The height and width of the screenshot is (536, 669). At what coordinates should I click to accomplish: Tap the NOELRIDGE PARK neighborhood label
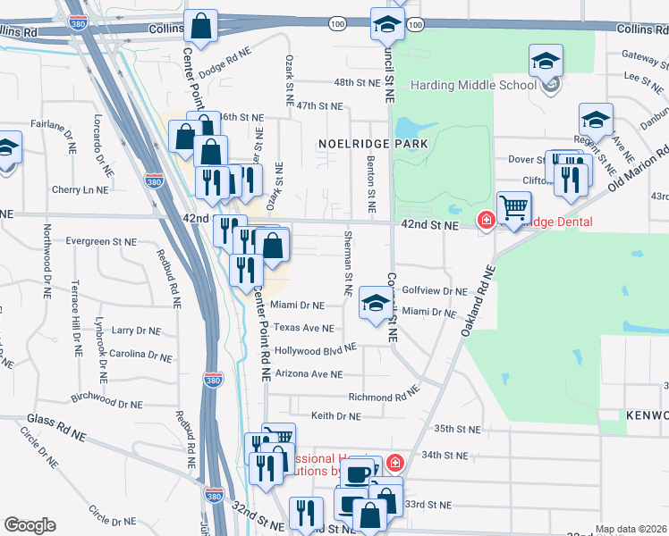pos(369,143)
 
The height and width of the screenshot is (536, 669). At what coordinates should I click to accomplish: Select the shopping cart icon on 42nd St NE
pos(514,210)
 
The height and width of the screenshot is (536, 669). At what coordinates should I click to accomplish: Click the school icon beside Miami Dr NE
pos(376,302)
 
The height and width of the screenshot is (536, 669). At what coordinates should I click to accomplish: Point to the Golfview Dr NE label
pos(435,291)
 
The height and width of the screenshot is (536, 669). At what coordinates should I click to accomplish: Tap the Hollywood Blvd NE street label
pos(315,350)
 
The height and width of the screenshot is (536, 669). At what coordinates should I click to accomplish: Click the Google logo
pos(30,525)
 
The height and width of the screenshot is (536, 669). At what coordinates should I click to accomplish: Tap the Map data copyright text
pos(631,529)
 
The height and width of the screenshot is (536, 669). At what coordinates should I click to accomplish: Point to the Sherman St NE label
pos(347,264)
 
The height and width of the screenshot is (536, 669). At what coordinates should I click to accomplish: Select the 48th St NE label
pos(332,82)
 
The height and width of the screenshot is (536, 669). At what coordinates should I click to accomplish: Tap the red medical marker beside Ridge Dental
pos(487,220)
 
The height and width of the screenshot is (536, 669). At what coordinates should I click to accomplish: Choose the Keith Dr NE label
pos(335,415)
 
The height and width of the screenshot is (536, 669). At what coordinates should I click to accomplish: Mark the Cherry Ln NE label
pos(80,189)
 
